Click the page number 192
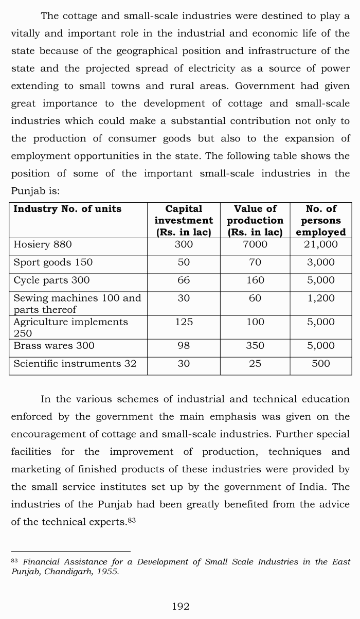click(x=180, y=607)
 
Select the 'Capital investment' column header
click(x=184, y=220)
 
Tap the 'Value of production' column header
click(x=255, y=220)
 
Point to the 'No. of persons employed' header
click(x=321, y=220)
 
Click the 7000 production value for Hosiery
click(x=255, y=244)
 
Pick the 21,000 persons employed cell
click(x=321, y=244)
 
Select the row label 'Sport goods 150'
click(x=53, y=262)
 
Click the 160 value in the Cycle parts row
click(x=255, y=280)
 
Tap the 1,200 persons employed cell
click(x=321, y=298)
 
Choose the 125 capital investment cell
click(x=184, y=322)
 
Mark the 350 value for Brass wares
click(x=255, y=346)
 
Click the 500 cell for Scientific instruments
click(x=321, y=364)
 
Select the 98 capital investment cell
click(x=184, y=346)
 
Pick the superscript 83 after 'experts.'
click(x=131, y=521)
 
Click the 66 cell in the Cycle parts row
click(x=184, y=280)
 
